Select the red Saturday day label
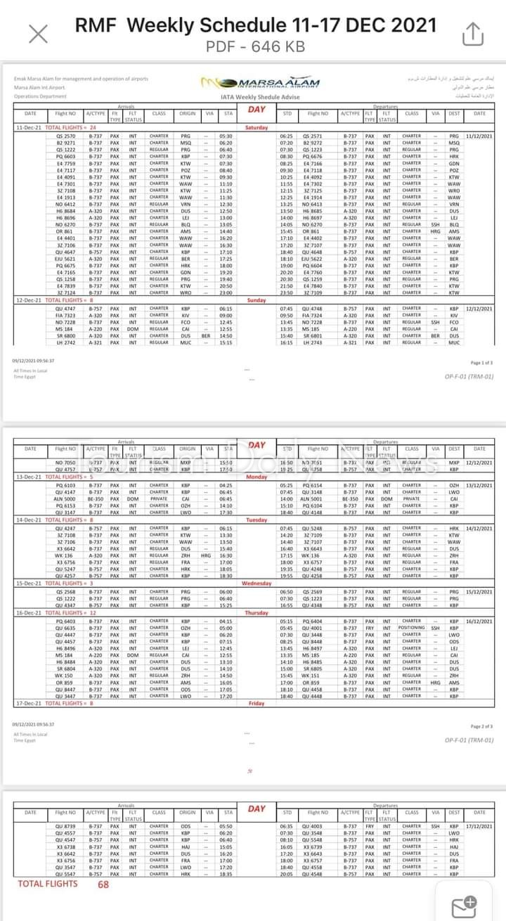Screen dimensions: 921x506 (257, 127)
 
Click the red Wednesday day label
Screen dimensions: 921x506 (257, 584)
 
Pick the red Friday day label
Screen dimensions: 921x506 (257, 703)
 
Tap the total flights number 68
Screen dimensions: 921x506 (103, 884)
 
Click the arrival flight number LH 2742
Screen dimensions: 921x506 (65, 342)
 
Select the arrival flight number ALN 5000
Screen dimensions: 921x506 (65, 499)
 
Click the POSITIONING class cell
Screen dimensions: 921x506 (412, 628)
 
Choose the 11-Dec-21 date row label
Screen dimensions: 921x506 (29, 127)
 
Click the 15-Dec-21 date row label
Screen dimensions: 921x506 (29, 584)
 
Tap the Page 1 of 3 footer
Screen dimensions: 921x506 (481, 363)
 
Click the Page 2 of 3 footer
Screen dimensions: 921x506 (481, 726)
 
